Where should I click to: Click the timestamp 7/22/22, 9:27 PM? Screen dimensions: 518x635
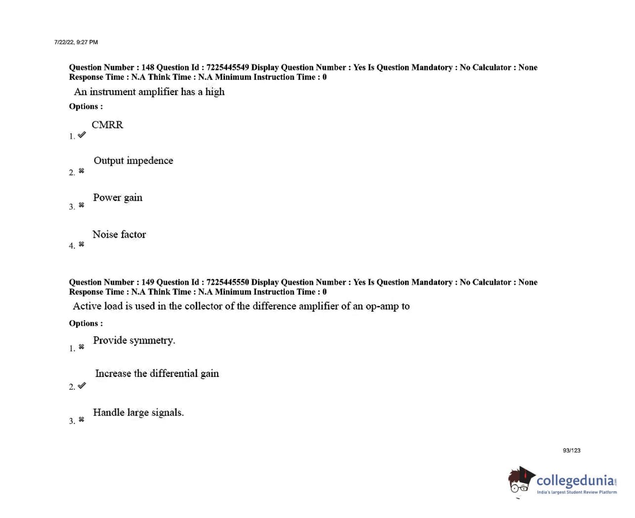click(76, 42)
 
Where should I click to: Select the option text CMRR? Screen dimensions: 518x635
click(107, 125)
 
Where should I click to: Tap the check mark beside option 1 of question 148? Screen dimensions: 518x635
click(82, 135)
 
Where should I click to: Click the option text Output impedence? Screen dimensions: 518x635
click(133, 160)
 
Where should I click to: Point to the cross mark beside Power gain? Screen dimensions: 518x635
click(82, 205)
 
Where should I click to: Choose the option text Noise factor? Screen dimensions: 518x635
click(119, 234)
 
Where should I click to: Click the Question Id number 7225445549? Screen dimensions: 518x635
click(227, 67)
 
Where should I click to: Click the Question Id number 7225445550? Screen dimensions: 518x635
click(227, 282)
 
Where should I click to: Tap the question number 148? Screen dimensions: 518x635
click(148, 67)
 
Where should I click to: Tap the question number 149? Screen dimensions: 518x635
click(148, 282)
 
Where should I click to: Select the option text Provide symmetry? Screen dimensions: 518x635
click(134, 340)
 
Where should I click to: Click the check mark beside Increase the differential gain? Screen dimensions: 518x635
click(82, 385)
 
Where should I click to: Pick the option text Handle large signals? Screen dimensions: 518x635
click(138, 413)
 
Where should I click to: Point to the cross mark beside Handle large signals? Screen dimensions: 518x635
click(82, 419)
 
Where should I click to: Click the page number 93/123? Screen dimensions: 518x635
click(571, 451)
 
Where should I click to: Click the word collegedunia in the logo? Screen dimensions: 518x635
click(575, 481)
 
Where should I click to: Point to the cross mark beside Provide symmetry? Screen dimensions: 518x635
click(82, 347)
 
